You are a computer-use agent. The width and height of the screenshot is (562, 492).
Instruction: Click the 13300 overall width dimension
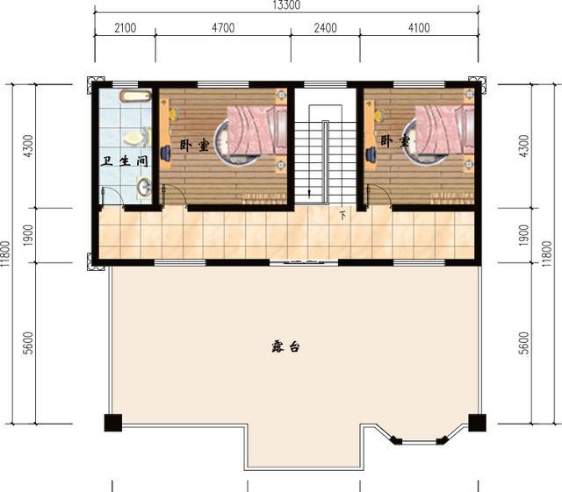[x=286, y=5]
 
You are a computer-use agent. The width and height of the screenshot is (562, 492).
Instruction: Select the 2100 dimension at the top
[x=126, y=28]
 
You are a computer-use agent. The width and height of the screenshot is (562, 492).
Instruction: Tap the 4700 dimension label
[x=223, y=28]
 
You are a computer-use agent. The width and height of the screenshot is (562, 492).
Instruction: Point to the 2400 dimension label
[x=326, y=28]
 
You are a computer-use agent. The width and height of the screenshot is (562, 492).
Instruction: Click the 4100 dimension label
[x=420, y=28]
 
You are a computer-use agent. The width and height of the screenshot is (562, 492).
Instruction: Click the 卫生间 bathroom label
[x=125, y=161]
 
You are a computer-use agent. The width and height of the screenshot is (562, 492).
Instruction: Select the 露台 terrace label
[x=285, y=347]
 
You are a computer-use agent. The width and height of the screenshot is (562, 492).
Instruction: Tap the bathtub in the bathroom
[x=136, y=96]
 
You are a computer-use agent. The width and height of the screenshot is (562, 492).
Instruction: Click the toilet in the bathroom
[x=137, y=138]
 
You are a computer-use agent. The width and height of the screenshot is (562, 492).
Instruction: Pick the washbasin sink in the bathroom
[x=144, y=187]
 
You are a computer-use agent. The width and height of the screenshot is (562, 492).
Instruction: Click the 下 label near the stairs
[x=343, y=215]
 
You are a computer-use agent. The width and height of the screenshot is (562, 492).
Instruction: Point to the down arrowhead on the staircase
[x=309, y=193]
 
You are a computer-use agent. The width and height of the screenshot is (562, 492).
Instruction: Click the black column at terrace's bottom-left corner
[x=113, y=423]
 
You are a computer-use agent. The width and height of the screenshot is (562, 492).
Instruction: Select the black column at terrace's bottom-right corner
[x=478, y=423]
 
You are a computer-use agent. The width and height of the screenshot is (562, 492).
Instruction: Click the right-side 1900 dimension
[x=523, y=235]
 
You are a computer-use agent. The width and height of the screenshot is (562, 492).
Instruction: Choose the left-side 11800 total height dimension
[x=5, y=253]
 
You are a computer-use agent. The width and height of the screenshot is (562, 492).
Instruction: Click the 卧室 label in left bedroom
[x=194, y=146]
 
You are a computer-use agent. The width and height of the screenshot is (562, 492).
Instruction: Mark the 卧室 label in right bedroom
[x=395, y=141]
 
